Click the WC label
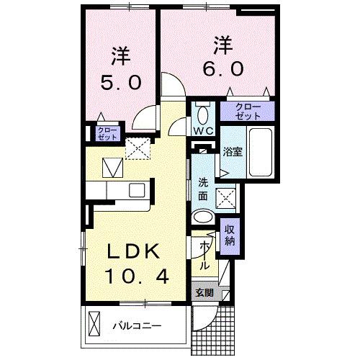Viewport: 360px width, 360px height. point(202,131)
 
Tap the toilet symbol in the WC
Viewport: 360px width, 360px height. point(202,114)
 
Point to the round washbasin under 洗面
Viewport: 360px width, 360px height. point(204,216)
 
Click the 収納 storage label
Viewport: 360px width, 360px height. point(230,234)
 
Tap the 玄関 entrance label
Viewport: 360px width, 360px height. point(204,293)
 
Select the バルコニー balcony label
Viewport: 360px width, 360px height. point(137,326)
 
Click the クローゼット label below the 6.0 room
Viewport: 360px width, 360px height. point(248,111)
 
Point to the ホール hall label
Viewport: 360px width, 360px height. point(205,255)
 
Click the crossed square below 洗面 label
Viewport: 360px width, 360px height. point(228,196)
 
